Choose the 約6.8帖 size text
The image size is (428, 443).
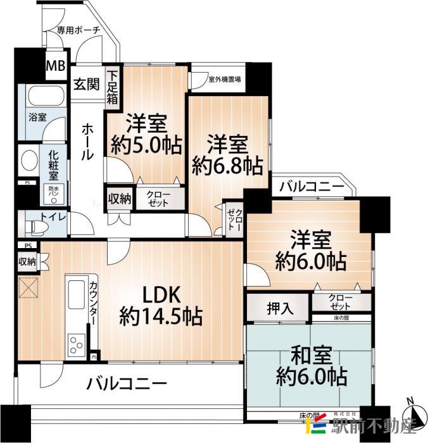tap(227, 165)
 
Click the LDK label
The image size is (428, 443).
tap(161, 294)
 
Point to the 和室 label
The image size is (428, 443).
tap(311, 353)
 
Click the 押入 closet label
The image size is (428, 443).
tap(279, 309)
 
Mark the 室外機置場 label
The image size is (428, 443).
tap(224, 80)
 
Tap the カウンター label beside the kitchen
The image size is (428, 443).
tap(94, 303)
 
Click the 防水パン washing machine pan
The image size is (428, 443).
tap(53, 193)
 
